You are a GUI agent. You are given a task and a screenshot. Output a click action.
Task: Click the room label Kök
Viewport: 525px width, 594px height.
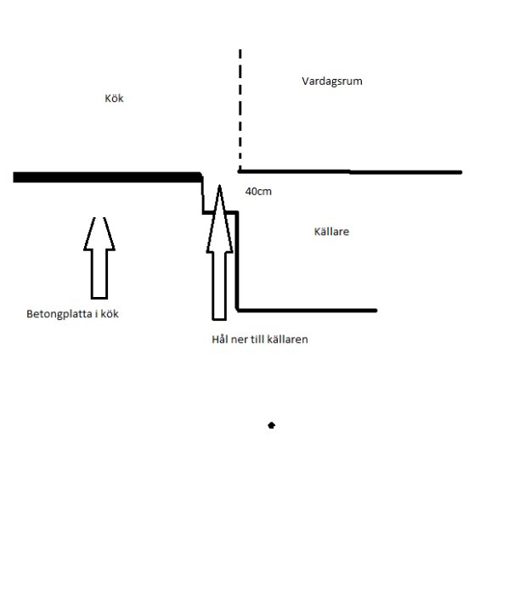[114, 98]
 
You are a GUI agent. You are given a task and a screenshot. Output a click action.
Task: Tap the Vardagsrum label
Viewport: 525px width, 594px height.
[332, 81]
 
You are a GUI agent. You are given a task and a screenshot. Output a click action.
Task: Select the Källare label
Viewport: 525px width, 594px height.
[331, 232]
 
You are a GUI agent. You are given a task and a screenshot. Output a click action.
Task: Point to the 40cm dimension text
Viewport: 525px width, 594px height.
[258, 191]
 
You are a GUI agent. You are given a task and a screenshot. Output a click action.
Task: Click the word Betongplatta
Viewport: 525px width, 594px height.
[59, 314]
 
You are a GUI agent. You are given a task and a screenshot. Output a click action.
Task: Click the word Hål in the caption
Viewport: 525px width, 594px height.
[220, 339]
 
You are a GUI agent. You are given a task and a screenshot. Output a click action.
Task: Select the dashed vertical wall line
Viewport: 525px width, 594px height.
[240, 109]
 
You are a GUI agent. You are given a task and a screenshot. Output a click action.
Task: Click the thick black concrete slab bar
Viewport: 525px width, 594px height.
[107, 177]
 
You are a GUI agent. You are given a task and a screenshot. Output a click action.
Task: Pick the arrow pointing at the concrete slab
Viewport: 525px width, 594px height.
[99, 258]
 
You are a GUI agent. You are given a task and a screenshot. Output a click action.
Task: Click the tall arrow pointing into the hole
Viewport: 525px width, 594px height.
[220, 253]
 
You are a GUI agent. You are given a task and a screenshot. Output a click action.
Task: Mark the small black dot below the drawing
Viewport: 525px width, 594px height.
[271, 425]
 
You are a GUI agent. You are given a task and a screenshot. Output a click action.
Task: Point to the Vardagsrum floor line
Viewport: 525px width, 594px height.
[350, 172]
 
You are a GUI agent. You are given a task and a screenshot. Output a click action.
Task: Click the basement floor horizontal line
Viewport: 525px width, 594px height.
[307, 311]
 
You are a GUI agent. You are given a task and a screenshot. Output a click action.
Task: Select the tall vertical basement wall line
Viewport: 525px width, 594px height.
[237, 261]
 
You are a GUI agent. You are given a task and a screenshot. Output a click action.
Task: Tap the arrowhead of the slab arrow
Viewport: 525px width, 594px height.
[99, 233]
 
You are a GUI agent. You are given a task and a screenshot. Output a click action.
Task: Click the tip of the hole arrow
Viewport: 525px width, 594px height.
[220, 185]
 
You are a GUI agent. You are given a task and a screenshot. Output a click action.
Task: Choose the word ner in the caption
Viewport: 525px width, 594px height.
[239, 339]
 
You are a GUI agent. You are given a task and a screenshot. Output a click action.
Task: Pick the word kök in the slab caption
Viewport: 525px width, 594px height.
[110, 314]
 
